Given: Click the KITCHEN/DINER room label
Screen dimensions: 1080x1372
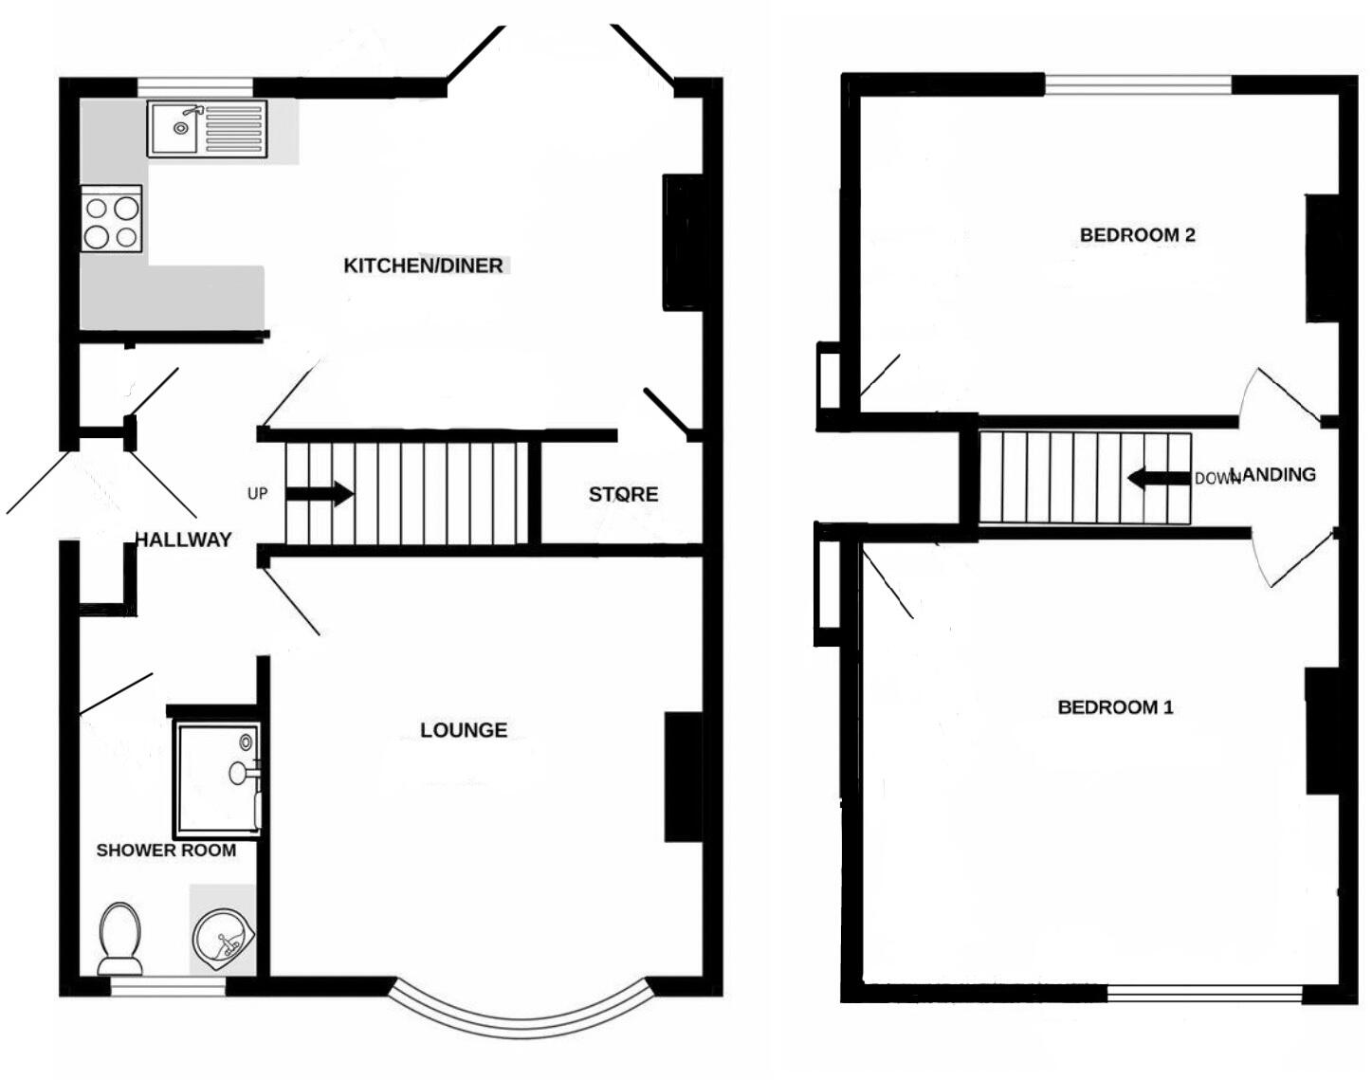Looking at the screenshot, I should [x=423, y=265].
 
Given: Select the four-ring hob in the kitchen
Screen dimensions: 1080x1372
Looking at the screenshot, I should [x=112, y=220].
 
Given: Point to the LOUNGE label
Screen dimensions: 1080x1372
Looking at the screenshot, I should [x=464, y=730].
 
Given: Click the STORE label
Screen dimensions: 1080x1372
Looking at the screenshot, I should [x=623, y=494].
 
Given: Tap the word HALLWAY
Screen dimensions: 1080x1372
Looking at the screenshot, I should [x=183, y=540].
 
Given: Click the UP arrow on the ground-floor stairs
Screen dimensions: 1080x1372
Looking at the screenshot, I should [x=320, y=494].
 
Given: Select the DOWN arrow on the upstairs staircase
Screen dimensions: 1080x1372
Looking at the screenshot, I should [x=1158, y=479].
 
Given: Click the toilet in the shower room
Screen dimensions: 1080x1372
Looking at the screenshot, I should [x=119, y=937].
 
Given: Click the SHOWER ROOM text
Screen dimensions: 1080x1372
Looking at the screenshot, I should [x=166, y=851].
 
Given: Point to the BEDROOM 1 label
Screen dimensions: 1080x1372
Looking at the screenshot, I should [x=1115, y=707].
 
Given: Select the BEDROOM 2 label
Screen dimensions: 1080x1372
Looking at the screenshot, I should [x=1137, y=235].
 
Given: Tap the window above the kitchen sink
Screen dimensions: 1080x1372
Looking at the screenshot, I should [x=195, y=87].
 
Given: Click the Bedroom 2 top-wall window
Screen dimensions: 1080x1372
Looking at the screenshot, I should [x=1138, y=84].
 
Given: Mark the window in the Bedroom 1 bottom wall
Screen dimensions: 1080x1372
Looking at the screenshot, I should [x=1204, y=994].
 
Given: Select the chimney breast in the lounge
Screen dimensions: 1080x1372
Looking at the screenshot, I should [x=684, y=777].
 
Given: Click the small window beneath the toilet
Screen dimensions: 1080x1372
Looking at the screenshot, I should [x=168, y=987].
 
